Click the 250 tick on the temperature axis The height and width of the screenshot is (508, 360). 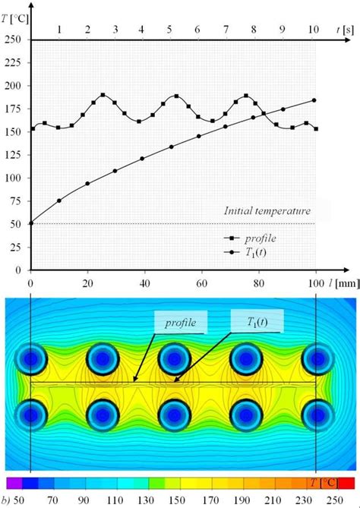pyautogui.click(x=13, y=39)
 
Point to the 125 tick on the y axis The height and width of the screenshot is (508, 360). pyautogui.click(x=13, y=155)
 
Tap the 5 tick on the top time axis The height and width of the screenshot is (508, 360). pyautogui.click(x=169, y=30)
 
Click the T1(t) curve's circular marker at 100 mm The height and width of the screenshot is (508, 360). pyautogui.click(x=314, y=100)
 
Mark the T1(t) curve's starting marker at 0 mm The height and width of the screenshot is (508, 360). pyautogui.click(x=30, y=222)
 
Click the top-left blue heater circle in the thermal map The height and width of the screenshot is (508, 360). pyautogui.click(x=31, y=359)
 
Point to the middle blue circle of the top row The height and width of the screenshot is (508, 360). pyautogui.click(x=173, y=359)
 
